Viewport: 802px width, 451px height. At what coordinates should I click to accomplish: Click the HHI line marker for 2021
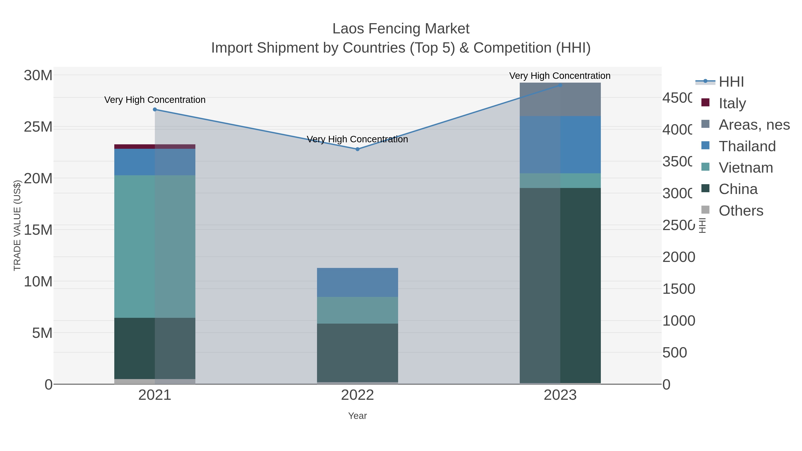tap(155, 110)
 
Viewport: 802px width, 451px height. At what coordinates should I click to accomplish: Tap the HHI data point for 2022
tap(357, 149)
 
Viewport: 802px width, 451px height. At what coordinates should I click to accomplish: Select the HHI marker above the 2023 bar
tap(560, 85)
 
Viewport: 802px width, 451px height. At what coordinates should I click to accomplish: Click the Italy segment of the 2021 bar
tap(155, 147)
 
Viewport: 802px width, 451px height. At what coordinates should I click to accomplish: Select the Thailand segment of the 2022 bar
tap(357, 282)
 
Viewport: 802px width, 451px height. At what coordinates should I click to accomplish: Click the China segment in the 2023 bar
tap(560, 286)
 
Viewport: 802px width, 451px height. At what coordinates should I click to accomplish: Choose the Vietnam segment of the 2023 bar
tap(560, 181)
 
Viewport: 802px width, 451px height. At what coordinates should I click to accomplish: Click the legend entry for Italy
tap(732, 103)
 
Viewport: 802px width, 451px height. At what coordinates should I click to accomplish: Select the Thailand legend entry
tap(747, 146)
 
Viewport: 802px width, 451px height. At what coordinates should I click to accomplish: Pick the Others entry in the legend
tap(741, 211)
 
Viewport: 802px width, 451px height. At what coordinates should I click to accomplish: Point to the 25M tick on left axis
tap(38, 127)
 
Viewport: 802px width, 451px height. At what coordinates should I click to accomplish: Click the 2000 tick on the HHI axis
tap(678, 257)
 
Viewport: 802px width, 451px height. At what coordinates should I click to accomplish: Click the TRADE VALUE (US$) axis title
tap(17, 225)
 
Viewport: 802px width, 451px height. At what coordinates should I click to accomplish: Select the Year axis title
tap(357, 416)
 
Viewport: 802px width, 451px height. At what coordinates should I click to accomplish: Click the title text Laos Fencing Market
tap(401, 29)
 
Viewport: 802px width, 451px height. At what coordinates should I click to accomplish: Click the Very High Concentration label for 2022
tap(357, 139)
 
